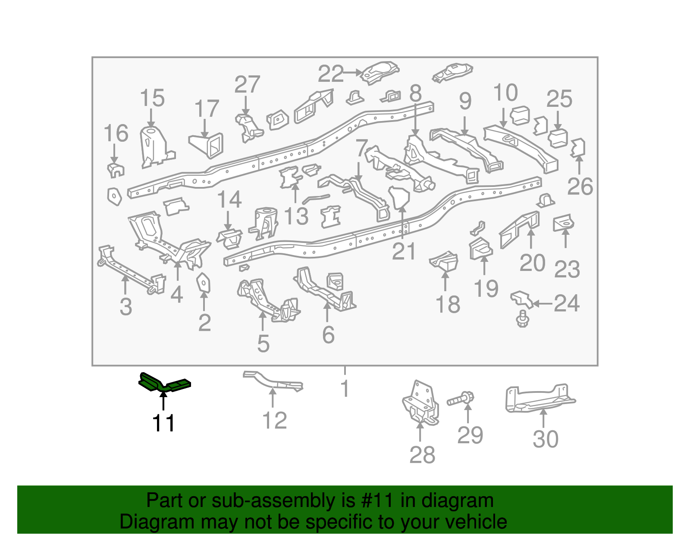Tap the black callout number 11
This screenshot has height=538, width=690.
pyautogui.click(x=163, y=423)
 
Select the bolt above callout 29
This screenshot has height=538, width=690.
pyautogui.click(x=461, y=399)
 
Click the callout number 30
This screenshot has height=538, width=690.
pyautogui.click(x=546, y=439)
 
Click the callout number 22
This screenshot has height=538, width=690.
pyautogui.click(x=331, y=74)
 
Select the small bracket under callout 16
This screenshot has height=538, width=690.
pyautogui.click(x=115, y=171)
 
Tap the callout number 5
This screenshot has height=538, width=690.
pyautogui.click(x=263, y=344)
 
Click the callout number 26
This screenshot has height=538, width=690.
pyautogui.click(x=580, y=187)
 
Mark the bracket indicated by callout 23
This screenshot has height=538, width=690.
pyautogui.click(x=564, y=223)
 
